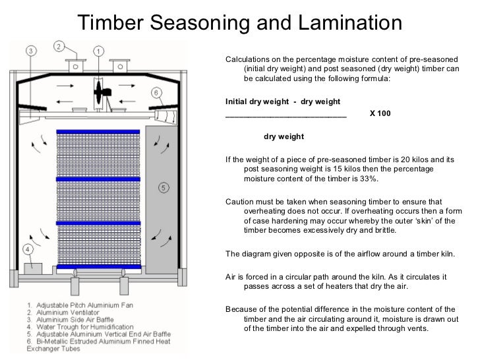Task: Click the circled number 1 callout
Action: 98,51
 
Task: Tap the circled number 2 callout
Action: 59,46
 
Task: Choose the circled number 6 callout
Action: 156,93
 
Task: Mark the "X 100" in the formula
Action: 380,113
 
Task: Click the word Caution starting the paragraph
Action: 240,202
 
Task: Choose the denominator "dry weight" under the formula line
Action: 284,137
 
